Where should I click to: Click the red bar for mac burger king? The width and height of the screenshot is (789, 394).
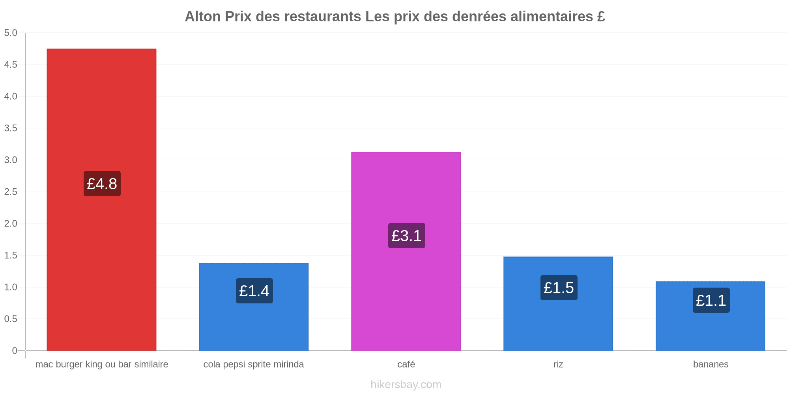101,200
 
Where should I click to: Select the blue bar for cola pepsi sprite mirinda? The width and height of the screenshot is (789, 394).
254,307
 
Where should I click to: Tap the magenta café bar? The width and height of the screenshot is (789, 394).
406,251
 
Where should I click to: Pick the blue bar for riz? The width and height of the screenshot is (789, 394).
558,304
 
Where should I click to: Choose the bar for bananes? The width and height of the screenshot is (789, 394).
710,316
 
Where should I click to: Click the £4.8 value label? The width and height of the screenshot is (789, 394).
102,184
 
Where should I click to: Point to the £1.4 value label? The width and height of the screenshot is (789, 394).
254,291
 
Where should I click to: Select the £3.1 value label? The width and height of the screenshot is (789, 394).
407,236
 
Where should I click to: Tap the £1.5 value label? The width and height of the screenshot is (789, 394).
559,288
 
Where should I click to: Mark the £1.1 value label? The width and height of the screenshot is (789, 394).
711,300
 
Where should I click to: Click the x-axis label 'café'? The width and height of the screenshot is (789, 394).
406,364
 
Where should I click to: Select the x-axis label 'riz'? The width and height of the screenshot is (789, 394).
558,364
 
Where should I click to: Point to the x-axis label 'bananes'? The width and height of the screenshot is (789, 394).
711,364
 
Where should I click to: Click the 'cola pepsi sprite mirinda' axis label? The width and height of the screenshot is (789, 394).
254,364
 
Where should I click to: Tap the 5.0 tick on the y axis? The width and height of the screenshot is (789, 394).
11,33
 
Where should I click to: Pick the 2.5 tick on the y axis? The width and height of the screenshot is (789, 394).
11,192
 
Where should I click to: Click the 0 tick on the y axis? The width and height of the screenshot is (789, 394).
15,351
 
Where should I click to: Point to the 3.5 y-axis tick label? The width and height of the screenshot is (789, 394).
11,128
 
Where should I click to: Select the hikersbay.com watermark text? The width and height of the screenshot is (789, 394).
406,385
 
